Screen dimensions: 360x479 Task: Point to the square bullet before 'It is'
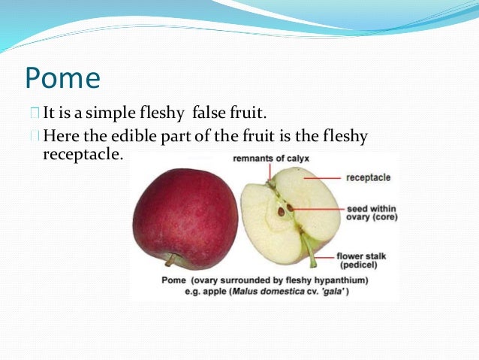35,114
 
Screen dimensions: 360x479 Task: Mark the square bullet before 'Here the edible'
35,137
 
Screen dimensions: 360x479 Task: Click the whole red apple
185,217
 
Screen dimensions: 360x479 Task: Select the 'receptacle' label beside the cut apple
368,178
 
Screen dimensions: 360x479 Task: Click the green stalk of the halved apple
309,252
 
